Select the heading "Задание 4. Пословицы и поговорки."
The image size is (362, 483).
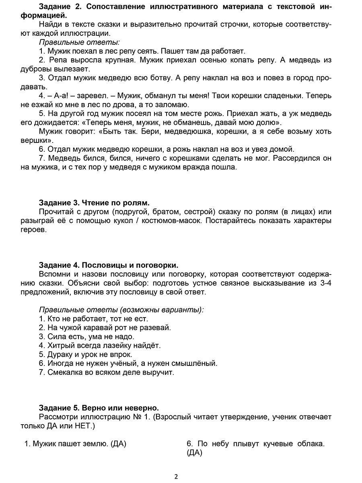pos(109,265)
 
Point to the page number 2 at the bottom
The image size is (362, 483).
pos(176,477)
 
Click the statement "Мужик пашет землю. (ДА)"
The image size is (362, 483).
pos(75,444)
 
